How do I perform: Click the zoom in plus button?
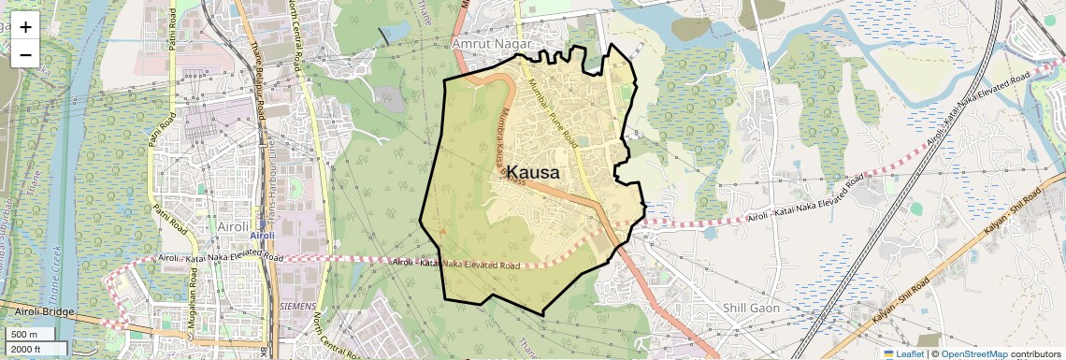(x=25, y=26)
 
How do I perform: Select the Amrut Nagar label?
(x=490, y=44)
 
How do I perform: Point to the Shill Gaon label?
(x=752, y=308)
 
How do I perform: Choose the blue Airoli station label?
(x=263, y=236)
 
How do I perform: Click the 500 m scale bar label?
(x=24, y=335)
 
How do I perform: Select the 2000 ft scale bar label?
(x=26, y=350)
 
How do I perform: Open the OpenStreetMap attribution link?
(x=974, y=354)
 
